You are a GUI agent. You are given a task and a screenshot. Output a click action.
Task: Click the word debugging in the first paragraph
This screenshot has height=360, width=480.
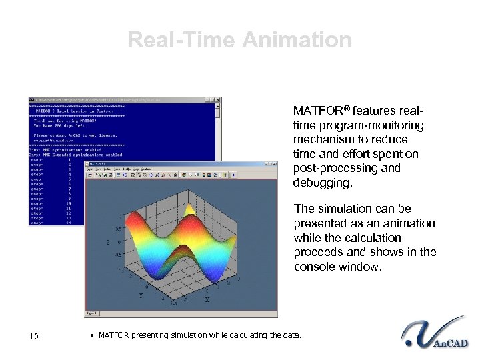[319, 182]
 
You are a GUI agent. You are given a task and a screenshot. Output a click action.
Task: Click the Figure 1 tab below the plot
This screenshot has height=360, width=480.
[91, 313]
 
